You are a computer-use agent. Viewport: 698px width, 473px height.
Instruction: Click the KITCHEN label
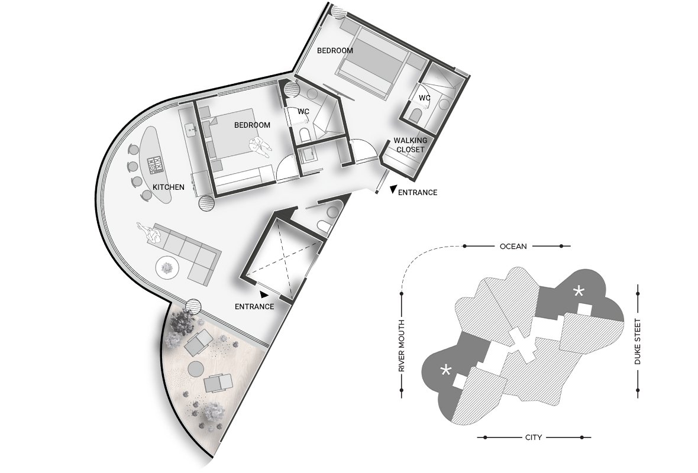point(168,187)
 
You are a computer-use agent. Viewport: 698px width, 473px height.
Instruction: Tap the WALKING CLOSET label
point(411,145)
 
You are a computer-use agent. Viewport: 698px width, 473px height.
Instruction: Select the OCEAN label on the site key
point(513,246)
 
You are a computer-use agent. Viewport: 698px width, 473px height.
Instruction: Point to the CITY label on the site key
point(534,438)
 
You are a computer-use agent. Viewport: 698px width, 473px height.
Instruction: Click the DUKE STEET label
point(638,342)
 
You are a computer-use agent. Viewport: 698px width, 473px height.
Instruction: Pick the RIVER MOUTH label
point(402,346)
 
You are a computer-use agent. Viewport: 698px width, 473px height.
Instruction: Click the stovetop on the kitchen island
point(156,164)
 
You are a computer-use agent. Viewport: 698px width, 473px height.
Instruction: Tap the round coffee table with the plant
point(167,268)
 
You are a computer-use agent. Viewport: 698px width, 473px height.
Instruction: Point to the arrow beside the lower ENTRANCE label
point(264,294)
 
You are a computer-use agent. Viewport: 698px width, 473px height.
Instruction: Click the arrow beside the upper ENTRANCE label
point(393,190)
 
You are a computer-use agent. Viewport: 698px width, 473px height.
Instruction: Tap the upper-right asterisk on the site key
point(579,292)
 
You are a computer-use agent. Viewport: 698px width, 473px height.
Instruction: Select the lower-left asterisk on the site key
point(445,370)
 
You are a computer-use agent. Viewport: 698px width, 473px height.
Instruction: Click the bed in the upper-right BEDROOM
point(373,61)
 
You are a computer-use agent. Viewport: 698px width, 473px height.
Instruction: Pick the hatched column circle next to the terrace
point(193,307)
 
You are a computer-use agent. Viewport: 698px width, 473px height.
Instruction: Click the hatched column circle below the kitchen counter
point(207,203)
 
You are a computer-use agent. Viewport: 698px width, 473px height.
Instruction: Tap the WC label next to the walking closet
point(424,98)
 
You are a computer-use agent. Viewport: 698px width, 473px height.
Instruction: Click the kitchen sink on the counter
point(192,129)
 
